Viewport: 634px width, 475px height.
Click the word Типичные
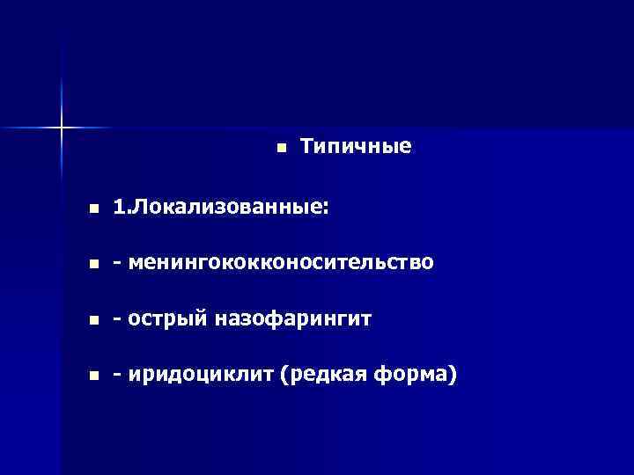coord(356,146)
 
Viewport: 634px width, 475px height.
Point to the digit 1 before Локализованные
coord(118,208)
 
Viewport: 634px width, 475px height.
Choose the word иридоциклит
coord(201,376)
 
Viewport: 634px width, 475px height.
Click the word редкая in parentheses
coord(326,376)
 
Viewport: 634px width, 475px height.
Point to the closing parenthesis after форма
coord(453,377)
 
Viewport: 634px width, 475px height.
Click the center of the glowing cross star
coord(62,128)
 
